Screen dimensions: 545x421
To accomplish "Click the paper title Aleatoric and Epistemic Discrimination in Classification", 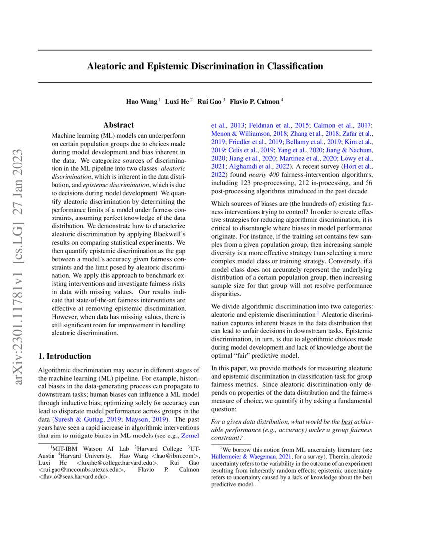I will (205, 66).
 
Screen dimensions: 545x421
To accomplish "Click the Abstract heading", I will (118, 126).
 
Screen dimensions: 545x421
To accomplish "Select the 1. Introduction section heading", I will (64, 356).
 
